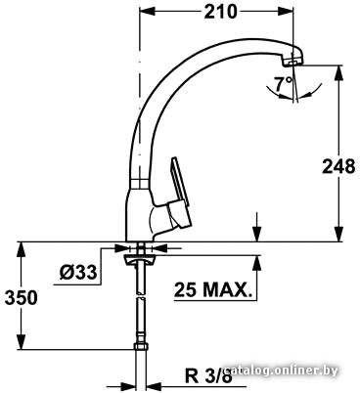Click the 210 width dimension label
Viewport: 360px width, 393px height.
220,12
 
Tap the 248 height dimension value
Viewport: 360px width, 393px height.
338,166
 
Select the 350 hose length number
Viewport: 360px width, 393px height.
21,297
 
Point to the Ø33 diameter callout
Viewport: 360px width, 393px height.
78,272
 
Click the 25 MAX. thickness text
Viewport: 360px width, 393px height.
213,289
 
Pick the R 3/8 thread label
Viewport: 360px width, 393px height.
208,376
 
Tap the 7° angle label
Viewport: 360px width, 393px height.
283,84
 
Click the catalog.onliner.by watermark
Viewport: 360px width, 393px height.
282,371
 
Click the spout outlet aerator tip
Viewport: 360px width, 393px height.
292,62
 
